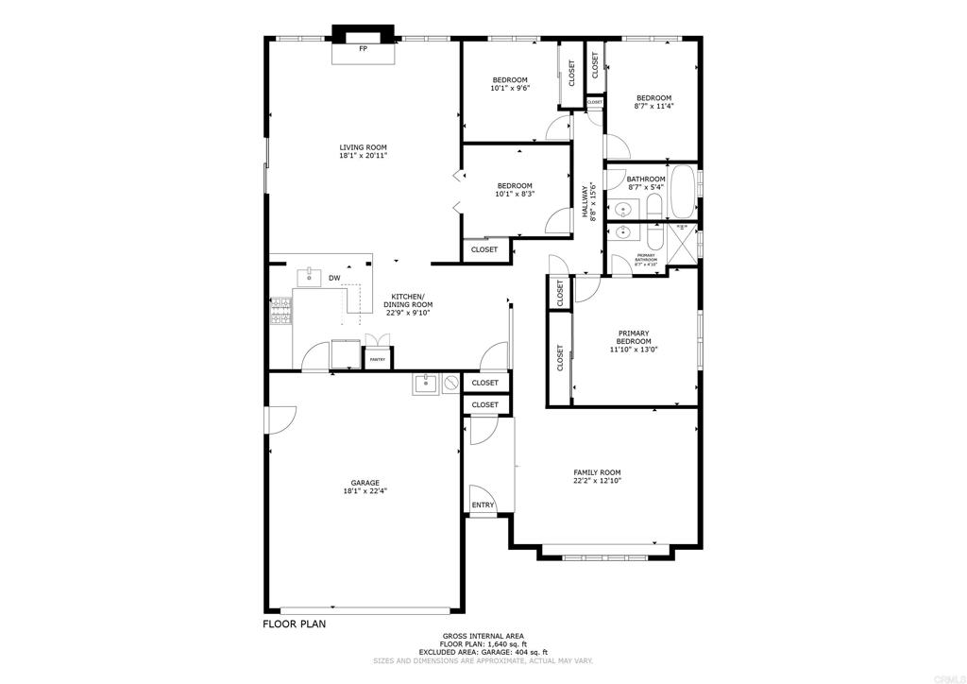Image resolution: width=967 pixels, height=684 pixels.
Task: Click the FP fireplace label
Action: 363,48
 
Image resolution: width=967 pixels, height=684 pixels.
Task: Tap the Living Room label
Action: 364,147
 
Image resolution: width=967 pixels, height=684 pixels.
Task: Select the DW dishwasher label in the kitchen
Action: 334,278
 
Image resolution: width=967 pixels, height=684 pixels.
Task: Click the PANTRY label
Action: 377,359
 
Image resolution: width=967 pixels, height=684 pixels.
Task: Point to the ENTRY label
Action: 483,505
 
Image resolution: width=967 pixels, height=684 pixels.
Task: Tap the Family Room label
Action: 597,472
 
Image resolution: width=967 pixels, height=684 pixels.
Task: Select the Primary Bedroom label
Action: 634,337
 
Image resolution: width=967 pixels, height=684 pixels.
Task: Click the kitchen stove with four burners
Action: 281,312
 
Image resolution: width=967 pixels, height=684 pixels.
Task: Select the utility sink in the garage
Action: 424,383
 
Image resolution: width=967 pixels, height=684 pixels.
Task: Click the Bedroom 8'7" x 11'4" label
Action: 653,98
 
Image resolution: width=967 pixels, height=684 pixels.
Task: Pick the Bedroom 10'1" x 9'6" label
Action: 510,79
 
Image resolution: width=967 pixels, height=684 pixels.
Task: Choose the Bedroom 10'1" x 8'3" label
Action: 515,186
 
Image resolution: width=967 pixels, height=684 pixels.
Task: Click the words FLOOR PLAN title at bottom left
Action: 295,624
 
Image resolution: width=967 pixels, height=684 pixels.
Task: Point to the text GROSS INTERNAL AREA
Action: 483,636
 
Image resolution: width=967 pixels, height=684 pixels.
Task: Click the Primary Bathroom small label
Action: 646,256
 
